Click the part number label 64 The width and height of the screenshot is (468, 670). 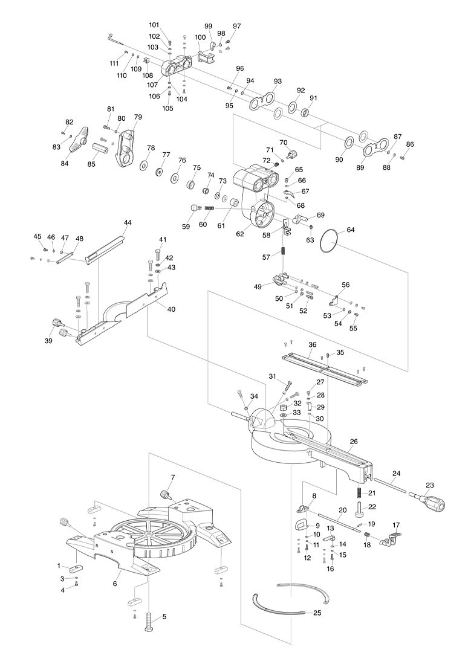click(351, 230)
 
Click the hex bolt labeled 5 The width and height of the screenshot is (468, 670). click(149, 623)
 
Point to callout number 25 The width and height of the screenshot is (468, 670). click(317, 613)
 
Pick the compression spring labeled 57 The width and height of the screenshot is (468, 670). click(283, 252)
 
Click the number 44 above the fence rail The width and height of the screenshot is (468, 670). click(128, 222)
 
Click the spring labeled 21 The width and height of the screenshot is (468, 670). click(360, 492)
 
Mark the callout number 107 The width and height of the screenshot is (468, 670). click(153, 85)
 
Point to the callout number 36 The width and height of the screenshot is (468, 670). click(312, 344)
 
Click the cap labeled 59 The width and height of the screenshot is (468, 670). click(195, 208)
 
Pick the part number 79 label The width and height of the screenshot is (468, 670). click(138, 117)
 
